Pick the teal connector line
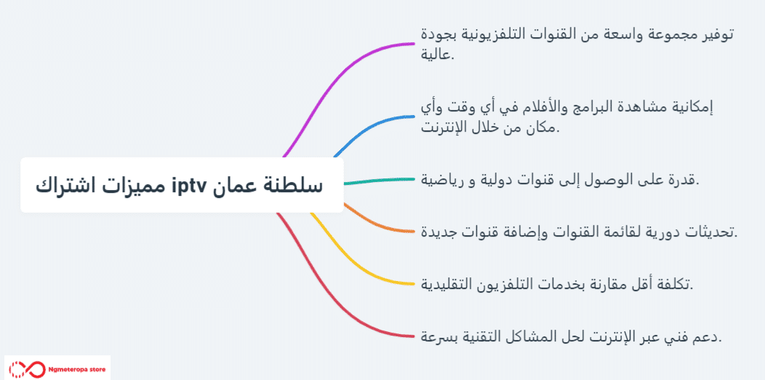(379, 181)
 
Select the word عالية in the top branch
(437, 55)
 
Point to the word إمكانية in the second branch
(692, 108)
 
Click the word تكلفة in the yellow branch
(676, 284)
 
